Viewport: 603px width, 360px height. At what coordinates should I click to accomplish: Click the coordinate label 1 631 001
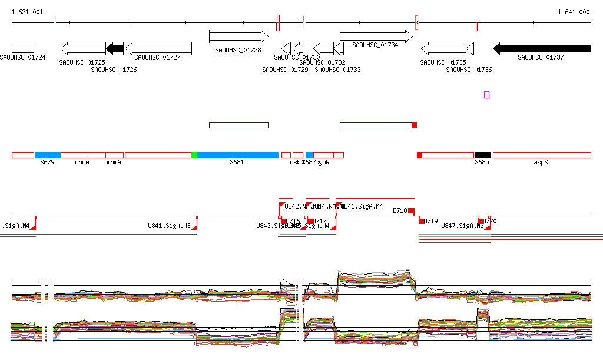tap(27, 12)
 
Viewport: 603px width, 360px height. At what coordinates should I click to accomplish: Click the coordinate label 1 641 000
tap(573, 12)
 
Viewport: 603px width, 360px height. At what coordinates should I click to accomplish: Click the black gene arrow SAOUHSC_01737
tap(542, 48)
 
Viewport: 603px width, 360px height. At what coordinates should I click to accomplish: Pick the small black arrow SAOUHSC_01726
tap(115, 48)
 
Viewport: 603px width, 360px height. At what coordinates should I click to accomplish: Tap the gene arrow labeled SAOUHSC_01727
tap(158, 48)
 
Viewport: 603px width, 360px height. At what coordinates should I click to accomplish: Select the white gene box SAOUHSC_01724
tap(23, 48)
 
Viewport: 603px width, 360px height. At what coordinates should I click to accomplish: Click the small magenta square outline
tap(486, 95)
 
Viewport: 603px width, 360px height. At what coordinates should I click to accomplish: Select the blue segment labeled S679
tap(48, 155)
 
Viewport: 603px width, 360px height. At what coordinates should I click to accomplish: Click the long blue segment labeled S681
tap(238, 155)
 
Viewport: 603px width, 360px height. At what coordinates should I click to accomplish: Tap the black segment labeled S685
tap(482, 155)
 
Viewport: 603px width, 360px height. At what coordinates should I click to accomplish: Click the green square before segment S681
tap(194, 155)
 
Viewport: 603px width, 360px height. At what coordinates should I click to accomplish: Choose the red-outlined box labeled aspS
tap(541, 155)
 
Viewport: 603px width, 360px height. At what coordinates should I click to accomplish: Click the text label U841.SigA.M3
tap(169, 226)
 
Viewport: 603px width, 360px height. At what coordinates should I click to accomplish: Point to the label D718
tap(400, 210)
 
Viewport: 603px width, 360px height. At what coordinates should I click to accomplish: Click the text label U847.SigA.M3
tap(462, 226)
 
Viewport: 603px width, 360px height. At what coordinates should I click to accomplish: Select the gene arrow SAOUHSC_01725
tap(83, 48)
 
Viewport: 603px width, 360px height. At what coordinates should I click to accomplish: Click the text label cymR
tap(322, 162)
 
